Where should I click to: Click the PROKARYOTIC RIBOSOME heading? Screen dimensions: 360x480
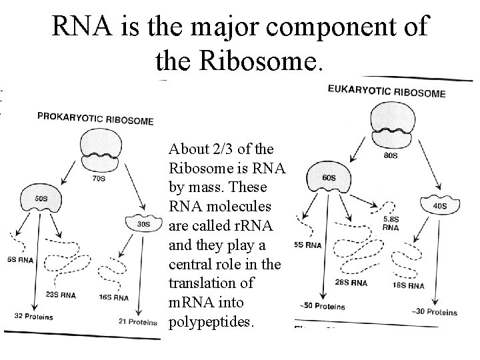96,119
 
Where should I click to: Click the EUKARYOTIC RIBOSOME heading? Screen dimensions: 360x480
387,91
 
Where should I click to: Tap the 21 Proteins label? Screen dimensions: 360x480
137,322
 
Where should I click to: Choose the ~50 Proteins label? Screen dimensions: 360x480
323,307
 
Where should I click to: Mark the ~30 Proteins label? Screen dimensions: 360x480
435,311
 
